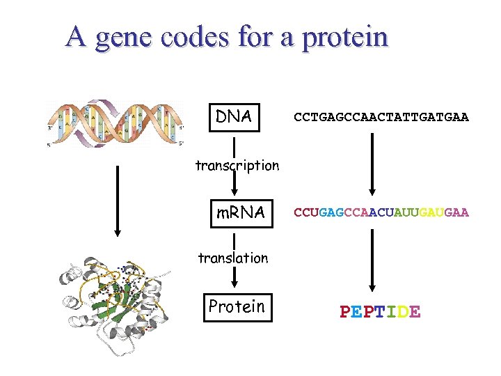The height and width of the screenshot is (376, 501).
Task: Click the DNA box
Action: pos(234,116)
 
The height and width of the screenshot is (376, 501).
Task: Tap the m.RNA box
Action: pos(239,212)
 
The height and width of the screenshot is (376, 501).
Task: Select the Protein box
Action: pos(237,306)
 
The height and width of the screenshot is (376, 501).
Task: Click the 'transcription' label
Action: pos(237,166)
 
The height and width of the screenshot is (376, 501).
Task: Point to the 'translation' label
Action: pos(232,258)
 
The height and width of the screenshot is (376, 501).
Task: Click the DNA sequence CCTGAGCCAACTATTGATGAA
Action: pos(381,118)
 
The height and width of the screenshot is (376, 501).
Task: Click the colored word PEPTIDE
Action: pos(380,312)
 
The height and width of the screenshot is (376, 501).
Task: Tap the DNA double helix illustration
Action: pos(115,123)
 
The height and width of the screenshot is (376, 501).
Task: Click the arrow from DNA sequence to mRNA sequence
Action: pos(373,164)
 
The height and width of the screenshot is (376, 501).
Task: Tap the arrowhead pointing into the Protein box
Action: pos(234,284)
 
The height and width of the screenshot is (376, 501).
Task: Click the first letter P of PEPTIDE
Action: pos(346,312)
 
